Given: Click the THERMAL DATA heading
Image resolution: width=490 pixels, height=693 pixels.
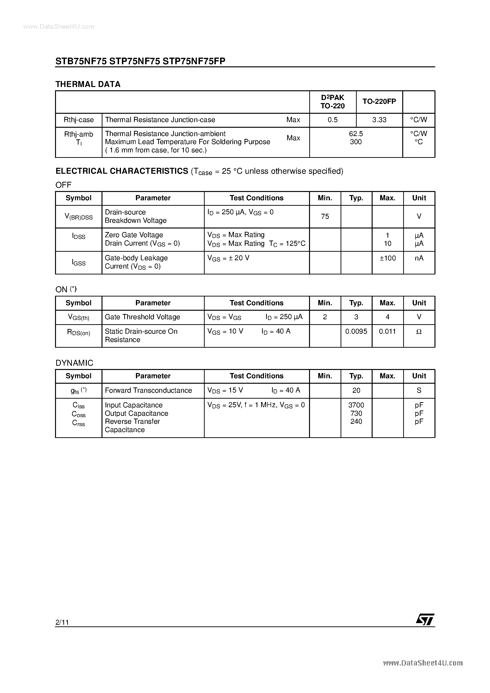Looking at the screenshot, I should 88,84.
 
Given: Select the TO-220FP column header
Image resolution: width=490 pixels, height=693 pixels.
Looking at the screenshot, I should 379,102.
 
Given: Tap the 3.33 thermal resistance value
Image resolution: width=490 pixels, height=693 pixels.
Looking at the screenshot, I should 379,120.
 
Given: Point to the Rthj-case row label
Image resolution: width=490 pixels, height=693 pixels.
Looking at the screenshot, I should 79,120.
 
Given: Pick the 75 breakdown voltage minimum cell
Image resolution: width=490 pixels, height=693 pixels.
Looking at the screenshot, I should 325,216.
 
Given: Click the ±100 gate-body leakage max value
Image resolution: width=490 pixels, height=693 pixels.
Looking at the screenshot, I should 388,258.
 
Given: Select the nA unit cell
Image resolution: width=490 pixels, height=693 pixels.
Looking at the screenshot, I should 419,258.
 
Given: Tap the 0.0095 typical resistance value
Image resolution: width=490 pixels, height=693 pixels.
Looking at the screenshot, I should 356,331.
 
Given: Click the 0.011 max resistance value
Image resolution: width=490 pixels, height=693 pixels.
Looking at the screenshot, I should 387,331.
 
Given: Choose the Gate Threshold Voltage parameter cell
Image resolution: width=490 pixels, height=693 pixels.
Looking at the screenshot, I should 142,317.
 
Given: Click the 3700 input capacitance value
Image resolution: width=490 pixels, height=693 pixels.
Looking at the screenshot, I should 356,405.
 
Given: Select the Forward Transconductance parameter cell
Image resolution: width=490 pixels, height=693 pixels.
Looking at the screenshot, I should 148,390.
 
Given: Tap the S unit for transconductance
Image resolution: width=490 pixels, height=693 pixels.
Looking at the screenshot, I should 419,390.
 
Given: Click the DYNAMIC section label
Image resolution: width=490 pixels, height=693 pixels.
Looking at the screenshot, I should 74,363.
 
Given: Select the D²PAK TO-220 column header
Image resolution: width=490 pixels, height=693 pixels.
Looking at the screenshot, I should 333,102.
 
